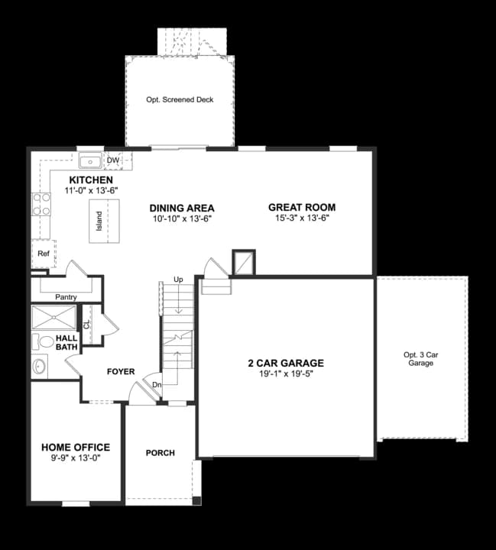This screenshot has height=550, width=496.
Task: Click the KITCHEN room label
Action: pos(91,180)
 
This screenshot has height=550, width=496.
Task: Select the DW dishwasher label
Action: pos(113,160)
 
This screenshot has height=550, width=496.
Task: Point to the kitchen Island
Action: pos(98,222)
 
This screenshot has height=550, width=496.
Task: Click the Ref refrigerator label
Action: pos(43,253)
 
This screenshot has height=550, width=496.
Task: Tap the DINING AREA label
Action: pos(182,208)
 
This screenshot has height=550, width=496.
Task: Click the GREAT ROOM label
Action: pos(302,207)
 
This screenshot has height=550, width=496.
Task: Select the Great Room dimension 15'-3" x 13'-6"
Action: pos(302,218)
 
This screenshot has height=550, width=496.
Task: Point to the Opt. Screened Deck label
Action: pos(180,99)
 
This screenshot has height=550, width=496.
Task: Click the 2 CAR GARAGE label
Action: pos(286,364)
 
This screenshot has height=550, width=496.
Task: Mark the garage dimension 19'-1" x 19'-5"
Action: pos(286,374)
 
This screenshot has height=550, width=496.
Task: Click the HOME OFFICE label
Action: pos(76,448)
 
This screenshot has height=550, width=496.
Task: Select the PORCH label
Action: pos(160,453)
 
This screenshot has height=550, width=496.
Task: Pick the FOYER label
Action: pos(121,372)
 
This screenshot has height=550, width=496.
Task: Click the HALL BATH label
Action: pos(66,343)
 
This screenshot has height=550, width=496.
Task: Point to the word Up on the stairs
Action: pos(178,279)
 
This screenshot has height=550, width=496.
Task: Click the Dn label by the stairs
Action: pos(157,384)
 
